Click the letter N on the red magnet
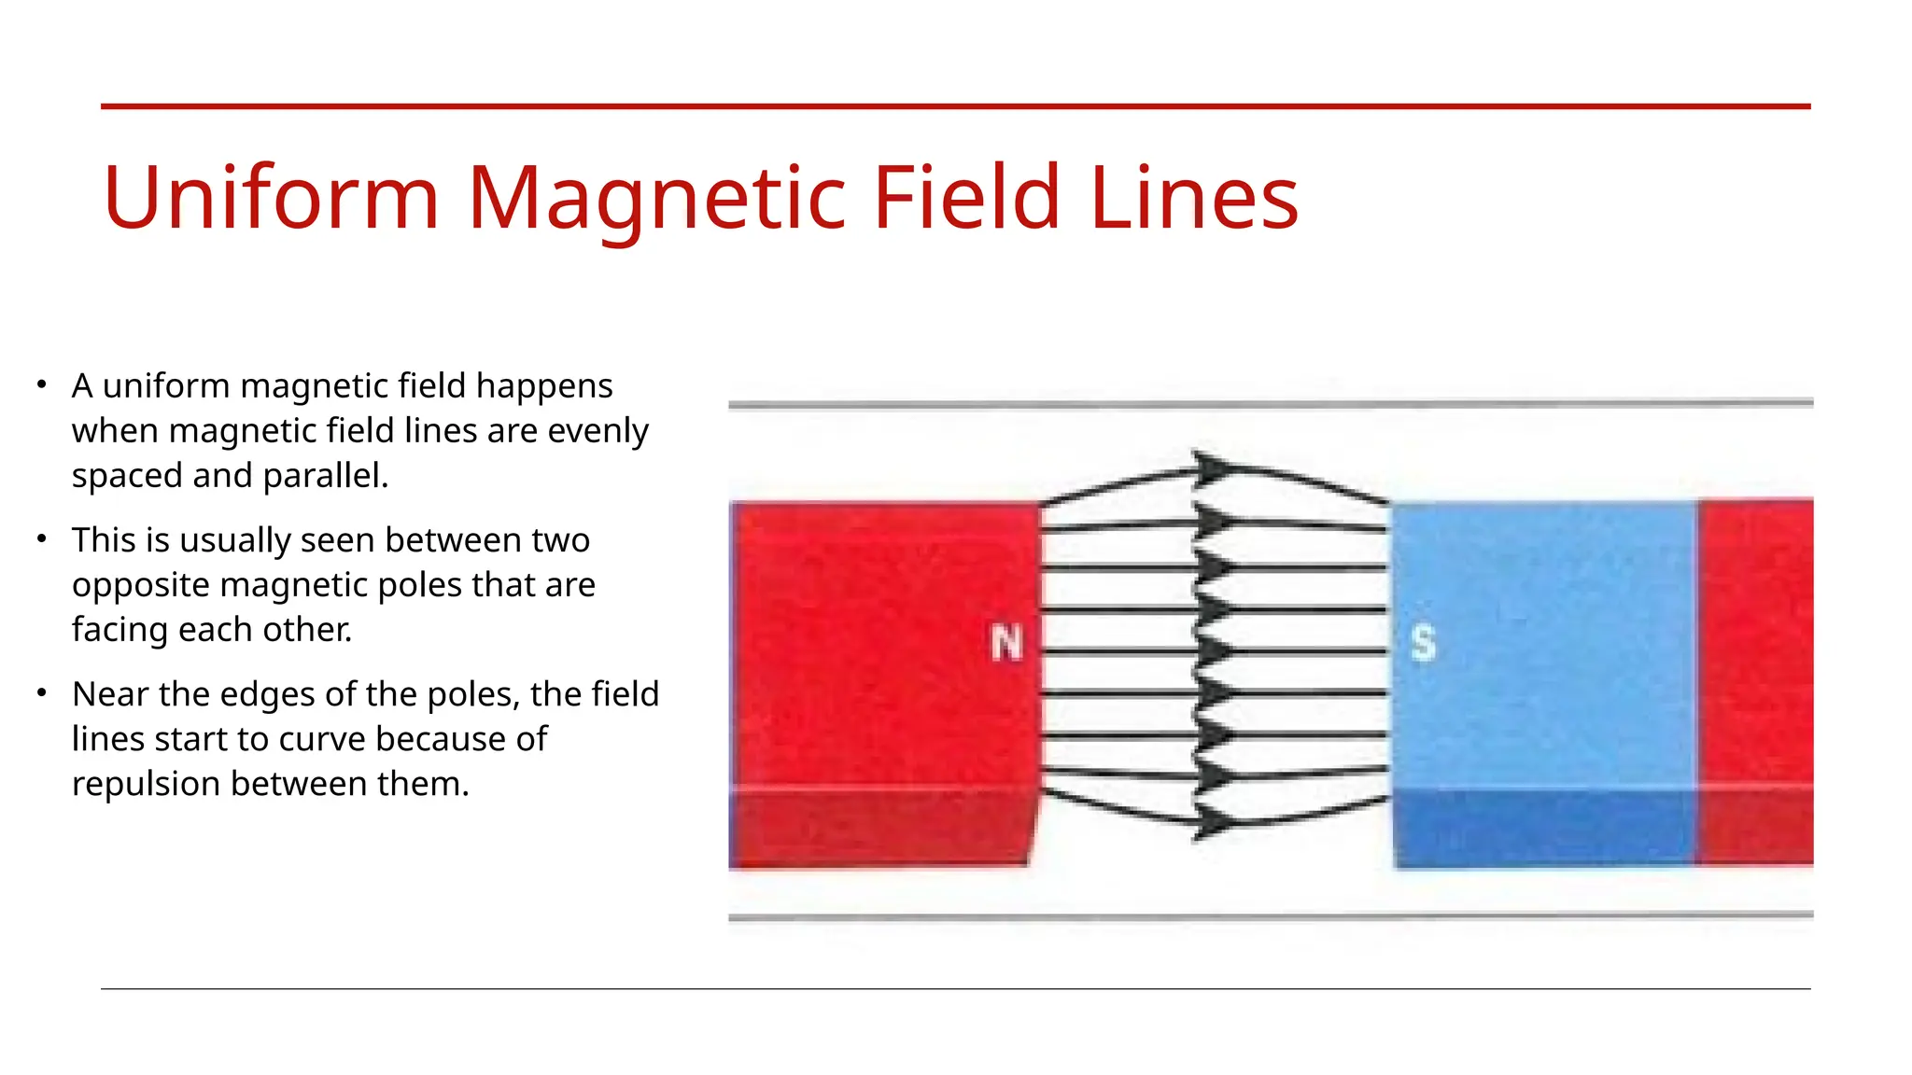click(x=1006, y=643)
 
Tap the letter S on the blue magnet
click(x=1423, y=643)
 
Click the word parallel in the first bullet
click(x=325, y=476)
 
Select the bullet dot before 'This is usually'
click(x=42, y=539)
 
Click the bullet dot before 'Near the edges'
click(x=42, y=693)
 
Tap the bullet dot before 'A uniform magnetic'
click(x=42, y=384)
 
